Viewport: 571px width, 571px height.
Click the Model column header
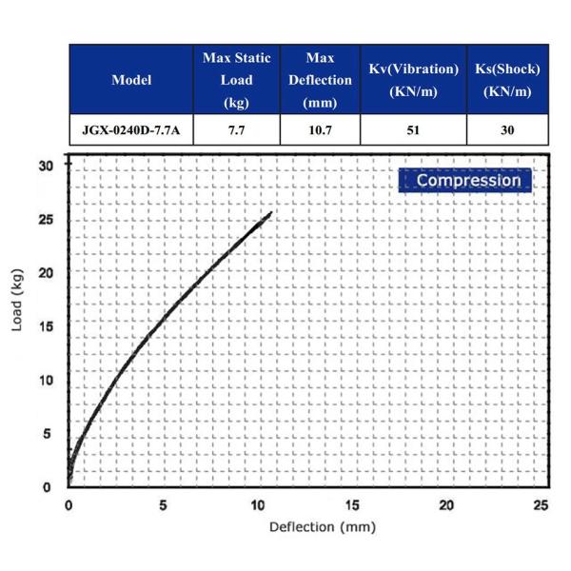(x=131, y=79)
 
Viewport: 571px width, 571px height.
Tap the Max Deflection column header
(x=320, y=80)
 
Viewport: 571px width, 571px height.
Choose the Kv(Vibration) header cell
(x=413, y=80)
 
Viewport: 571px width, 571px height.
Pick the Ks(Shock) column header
(x=507, y=80)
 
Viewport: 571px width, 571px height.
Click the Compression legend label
(x=467, y=180)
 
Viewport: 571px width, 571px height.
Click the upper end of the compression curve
(x=271, y=212)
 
